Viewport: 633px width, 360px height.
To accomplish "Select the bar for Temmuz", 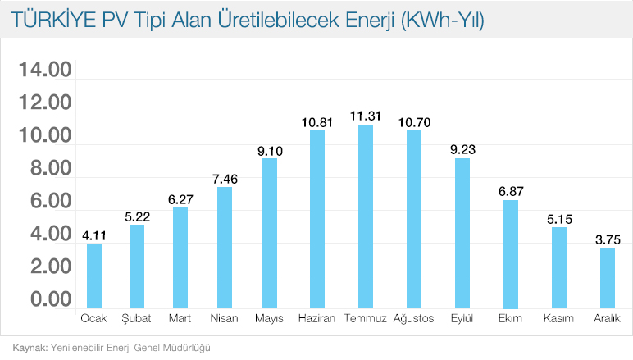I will [x=365, y=217].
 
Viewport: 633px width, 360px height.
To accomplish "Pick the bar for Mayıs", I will [x=270, y=234].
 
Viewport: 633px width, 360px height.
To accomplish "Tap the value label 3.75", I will [x=607, y=239].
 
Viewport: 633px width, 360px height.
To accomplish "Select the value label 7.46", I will [x=225, y=178].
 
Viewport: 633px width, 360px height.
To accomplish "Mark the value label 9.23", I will [x=462, y=149].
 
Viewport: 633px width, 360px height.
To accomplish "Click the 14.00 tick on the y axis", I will [x=46, y=71].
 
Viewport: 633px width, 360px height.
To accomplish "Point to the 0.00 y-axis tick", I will [x=46, y=299].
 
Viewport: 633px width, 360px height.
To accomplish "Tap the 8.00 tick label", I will [x=46, y=169].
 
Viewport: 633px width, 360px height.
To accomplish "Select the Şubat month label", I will [x=137, y=318].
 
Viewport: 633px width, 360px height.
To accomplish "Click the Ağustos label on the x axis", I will [x=413, y=318].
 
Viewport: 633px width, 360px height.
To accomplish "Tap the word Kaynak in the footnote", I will [x=29, y=347].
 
